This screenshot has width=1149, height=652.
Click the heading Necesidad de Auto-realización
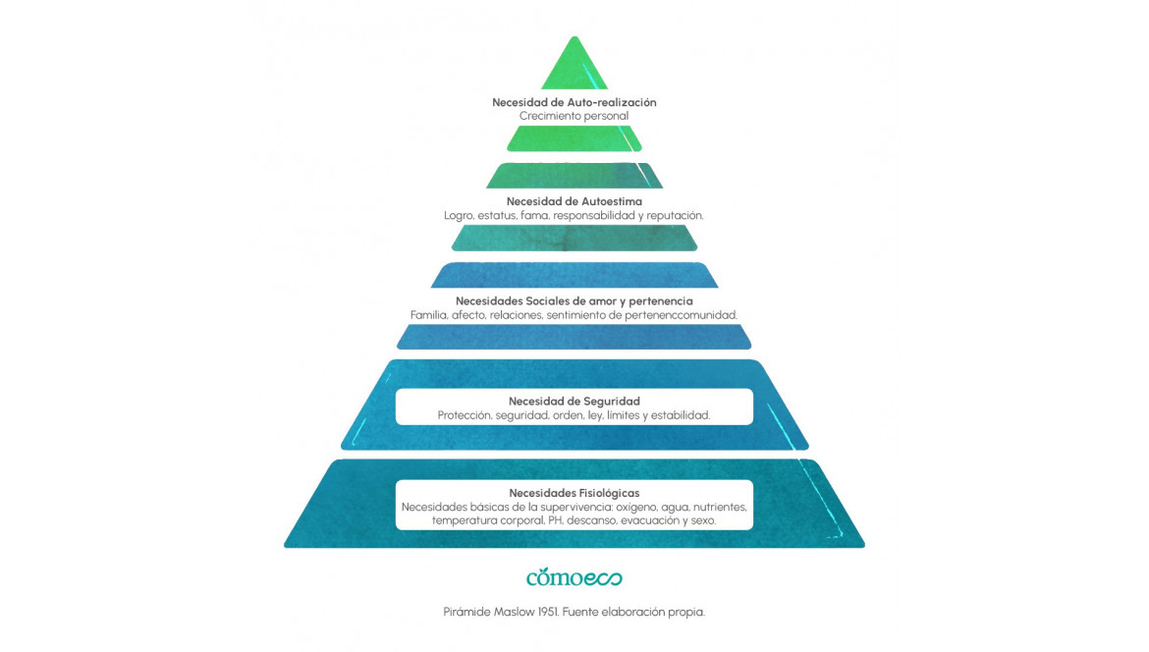(574, 102)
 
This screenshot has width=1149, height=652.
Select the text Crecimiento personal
(574, 116)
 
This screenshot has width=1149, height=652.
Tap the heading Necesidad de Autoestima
(574, 201)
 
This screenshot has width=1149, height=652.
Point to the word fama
(535, 215)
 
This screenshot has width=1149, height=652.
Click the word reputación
(675, 215)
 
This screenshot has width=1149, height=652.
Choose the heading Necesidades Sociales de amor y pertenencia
(574, 301)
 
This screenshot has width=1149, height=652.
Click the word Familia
(429, 315)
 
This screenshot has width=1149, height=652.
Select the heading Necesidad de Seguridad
(574, 402)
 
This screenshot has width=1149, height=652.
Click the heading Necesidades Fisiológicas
(574, 493)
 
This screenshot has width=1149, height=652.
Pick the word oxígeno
(636, 507)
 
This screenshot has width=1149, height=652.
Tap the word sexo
(703, 520)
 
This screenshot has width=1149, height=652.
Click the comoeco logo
(574, 577)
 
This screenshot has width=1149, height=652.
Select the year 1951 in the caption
(548, 612)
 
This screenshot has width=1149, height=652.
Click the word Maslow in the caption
(514, 612)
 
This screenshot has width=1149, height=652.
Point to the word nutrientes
(720, 507)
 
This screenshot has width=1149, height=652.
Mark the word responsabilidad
(595, 215)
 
